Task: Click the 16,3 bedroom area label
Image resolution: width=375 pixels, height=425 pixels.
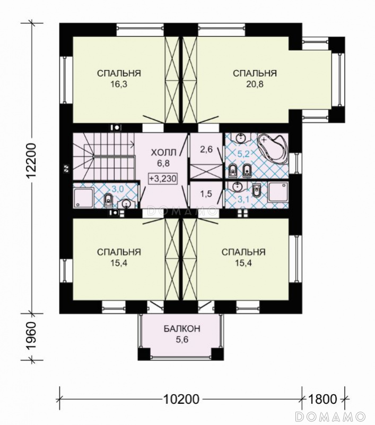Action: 118,84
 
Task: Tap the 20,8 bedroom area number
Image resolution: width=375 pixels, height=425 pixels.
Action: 255,84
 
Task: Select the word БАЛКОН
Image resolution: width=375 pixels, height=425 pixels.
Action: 182,328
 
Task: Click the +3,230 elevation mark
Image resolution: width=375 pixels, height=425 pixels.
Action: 163,179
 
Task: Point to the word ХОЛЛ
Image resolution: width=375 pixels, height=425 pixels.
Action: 163,152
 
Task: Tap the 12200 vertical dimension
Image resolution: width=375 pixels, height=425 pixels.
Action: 32,160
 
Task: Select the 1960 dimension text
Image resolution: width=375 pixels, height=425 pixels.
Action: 32,336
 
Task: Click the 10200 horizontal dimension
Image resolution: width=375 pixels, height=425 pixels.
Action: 181,399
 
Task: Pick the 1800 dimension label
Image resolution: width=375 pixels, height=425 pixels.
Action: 322,399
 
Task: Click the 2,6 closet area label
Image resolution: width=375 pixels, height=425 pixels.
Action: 206,149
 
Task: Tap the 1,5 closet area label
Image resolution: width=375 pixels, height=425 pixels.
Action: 206,194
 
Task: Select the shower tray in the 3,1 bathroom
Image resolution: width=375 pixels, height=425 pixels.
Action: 278,192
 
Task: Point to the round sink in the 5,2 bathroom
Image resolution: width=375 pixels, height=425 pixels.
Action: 240,138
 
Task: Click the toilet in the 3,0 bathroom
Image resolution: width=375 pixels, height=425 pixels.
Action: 108,200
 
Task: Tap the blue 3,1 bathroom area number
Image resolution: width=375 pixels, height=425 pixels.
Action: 243,200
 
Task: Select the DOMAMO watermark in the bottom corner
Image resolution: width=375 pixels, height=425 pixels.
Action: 330,416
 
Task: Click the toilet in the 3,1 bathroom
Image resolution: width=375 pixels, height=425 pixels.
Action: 256,190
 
